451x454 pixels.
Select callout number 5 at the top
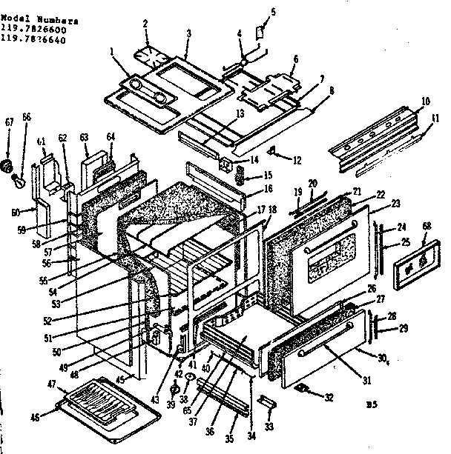[x=272, y=12]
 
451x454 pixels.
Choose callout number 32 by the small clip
[x=329, y=398]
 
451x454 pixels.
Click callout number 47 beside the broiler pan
[x=51, y=384]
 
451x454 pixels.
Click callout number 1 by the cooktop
[x=112, y=51]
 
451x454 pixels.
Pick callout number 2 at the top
[x=146, y=24]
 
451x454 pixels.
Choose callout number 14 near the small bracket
[x=254, y=160]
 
